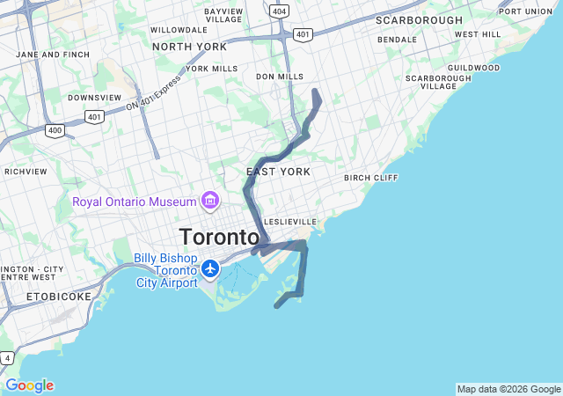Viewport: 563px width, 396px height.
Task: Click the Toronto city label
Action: [219, 237]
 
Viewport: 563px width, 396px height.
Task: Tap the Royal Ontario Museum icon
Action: [210, 202]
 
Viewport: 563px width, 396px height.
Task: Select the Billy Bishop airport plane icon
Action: [210, 267]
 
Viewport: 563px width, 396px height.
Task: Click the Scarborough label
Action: [419, 19]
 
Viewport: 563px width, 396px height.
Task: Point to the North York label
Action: [189, 47]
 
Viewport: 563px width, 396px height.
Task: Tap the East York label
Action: [278, 172]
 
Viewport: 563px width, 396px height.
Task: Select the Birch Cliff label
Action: [371, 178]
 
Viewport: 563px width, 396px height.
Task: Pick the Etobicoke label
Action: [59, 297]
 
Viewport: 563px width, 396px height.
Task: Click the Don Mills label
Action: [280, 77]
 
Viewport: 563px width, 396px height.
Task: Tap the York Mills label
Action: [212, 68]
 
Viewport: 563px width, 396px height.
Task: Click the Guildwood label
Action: [473, 68]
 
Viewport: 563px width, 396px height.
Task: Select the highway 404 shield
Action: [279, 11]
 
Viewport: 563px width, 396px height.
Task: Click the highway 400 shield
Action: [55, 130]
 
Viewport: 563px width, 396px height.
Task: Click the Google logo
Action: [29, 385]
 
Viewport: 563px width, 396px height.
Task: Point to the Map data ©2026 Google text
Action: [508, 389]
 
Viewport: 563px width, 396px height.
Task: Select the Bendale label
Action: [397, 40]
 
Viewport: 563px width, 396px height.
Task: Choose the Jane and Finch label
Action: [53, 55]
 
